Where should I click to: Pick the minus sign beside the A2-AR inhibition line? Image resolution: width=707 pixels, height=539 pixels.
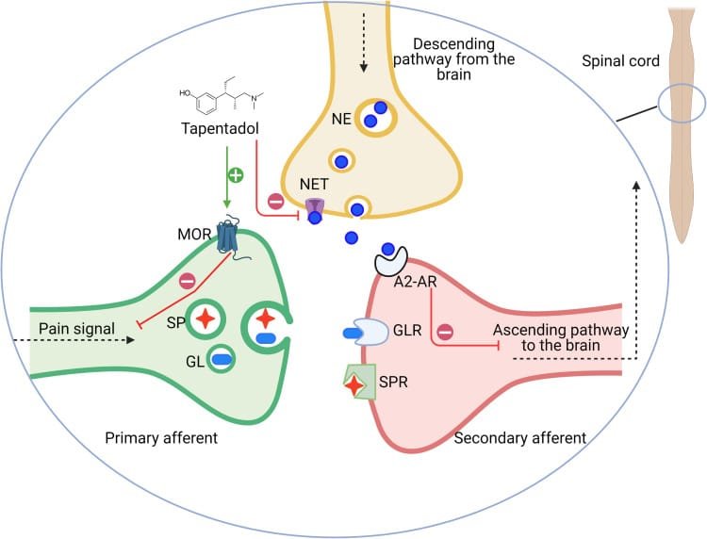pos(444,331)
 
